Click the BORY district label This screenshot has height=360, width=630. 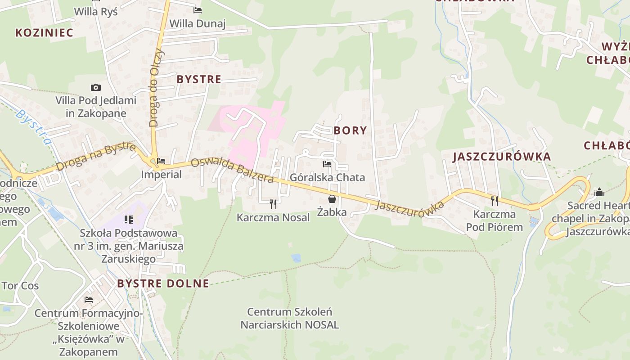[x=350, y=130]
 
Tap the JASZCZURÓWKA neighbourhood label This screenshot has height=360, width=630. [x=501, y=157]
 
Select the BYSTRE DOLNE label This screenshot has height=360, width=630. [x=163, y=283]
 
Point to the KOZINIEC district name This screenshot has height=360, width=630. [x=44, y=32]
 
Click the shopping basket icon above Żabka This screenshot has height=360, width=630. [x=332, y=198]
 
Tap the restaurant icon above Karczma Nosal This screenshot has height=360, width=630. [x=273, y=204]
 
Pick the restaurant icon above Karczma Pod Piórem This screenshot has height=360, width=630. [x=495, y=201]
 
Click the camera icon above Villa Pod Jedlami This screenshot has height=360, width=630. [x=96, y=87]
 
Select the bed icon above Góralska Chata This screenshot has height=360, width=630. [x=327, y=164]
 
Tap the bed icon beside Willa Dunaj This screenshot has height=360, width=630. [x=198, y=10]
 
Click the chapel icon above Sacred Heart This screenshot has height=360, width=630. [x=599, y=192]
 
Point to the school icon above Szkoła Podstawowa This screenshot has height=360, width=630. [x=129, y=220]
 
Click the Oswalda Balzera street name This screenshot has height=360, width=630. [x=232, y=170]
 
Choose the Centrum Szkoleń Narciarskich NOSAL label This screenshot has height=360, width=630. [x=290, y=318]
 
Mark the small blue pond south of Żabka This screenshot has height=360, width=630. [x=296, y=258]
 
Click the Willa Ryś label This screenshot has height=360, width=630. [x=96, y=11]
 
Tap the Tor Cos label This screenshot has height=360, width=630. [x=20, y=286]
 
